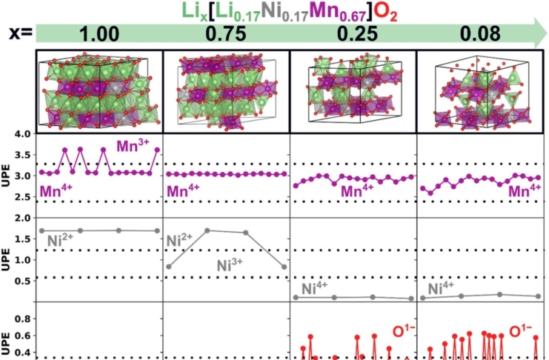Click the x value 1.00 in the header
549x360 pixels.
click(x=99, y=35)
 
